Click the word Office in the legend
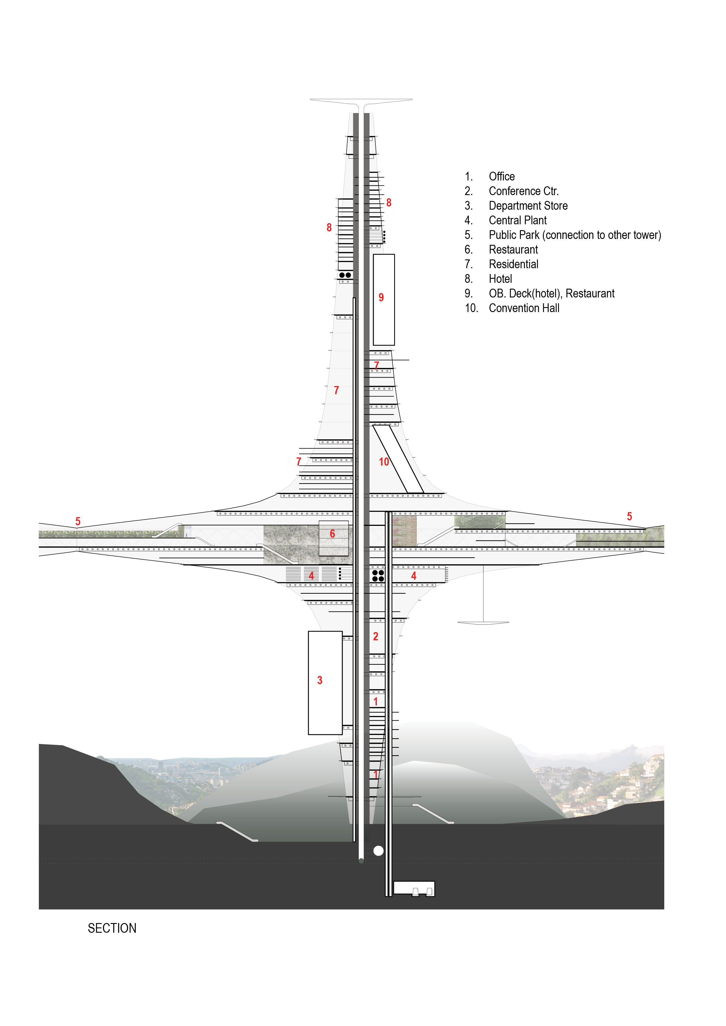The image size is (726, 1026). click(x=501, y=177)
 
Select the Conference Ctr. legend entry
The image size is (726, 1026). click(x=523, y=191)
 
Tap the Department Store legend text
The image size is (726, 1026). click(x=528, y=206)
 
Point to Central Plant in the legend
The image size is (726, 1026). click(x=517, y=220)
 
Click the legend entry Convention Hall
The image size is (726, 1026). click(x=524, y=308)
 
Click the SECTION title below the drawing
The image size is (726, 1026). click(x=112, y=929)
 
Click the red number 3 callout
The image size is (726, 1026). click(x=320, y=680)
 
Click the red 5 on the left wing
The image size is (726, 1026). click(x=78, y=521)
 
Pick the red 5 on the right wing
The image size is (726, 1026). click(x=629, y=517)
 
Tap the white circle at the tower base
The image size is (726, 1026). click(x=378, y=851)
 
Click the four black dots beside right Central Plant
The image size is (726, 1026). click(x=378, y=576)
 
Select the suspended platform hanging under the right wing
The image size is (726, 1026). click(x=483, y=622)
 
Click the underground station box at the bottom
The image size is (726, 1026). click(x=413, y=888)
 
